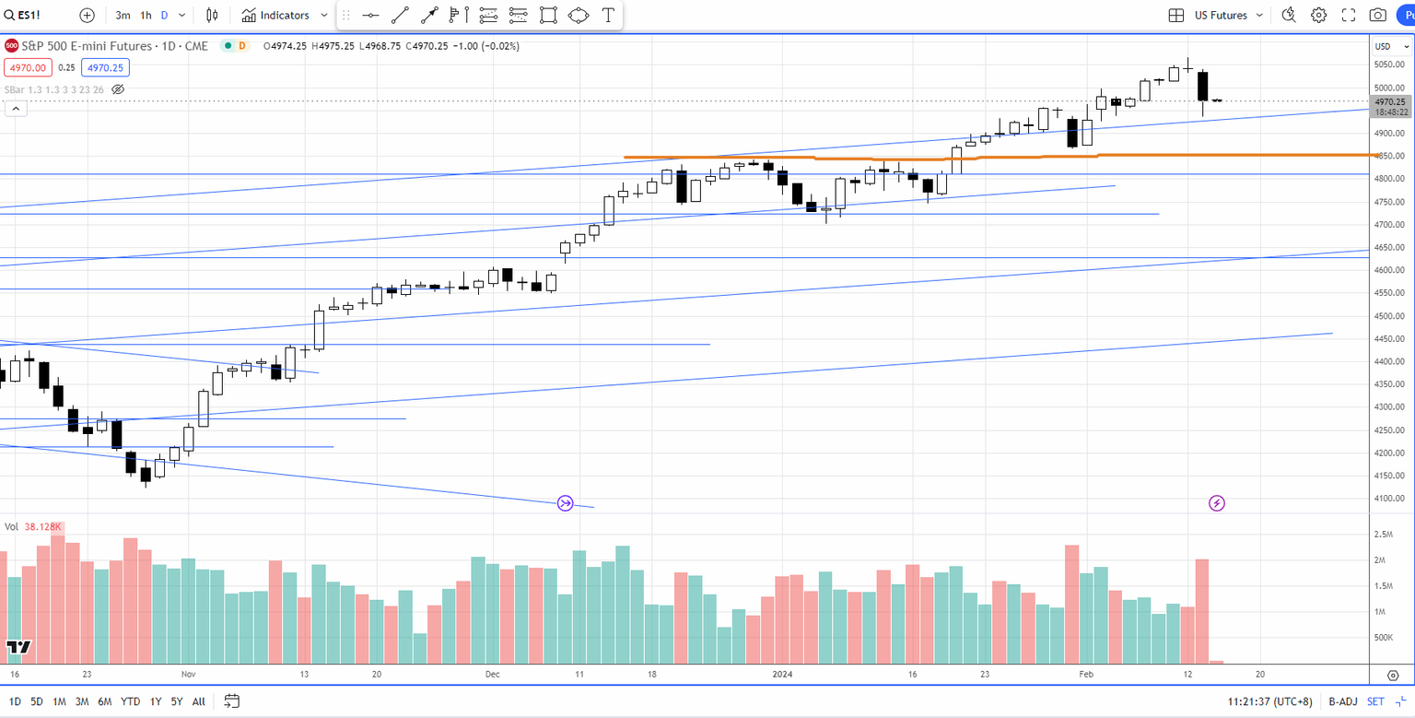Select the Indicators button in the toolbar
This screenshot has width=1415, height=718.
[284, 16]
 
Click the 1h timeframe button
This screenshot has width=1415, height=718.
[146, 16]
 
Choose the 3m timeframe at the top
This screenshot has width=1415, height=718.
[123, 16]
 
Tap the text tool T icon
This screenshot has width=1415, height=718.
[608, 16]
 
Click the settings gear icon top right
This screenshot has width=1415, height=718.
[1318, 16]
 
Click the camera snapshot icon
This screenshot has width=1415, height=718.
[1377, 16]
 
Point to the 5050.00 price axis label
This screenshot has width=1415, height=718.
[1388, 65]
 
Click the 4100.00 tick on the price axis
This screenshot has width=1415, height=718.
[1388, 499]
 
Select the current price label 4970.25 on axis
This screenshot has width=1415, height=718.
[1388, 101]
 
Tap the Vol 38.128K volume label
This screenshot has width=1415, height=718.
[33, 527]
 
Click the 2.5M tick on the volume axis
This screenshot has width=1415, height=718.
[1383, 535]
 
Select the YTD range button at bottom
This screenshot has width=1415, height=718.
[130, 701]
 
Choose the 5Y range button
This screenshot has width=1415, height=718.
[177, 701]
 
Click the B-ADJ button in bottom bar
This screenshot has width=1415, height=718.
[1343, 701]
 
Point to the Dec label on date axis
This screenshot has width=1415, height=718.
[492, 675]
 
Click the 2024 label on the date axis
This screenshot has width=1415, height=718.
[781, 675]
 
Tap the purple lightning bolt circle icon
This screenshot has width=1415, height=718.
[1216, 503]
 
